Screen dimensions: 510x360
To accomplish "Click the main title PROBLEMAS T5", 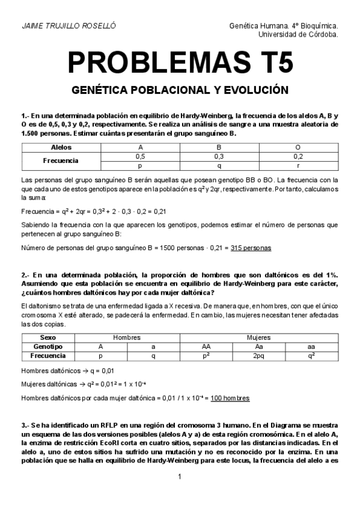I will pyautogui.click(x=180, y=63).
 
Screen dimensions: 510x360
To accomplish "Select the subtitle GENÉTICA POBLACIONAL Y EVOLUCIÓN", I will pyautogui.click(x=180, y=90).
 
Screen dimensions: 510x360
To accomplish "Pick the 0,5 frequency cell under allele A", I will pyautogui.click(x=140, y=156).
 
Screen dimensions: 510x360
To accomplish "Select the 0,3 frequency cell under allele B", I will pyautogui.click(x=219, y=156).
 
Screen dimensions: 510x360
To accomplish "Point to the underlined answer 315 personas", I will pyautogui.click(x=251, y=248).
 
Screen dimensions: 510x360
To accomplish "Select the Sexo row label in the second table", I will pyautogui.click(x=47, y=338).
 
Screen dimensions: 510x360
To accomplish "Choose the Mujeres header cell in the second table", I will pyautogui.click(x=258, y=338).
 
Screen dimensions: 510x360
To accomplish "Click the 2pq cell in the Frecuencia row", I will pyautogui.click(x=258, y=355).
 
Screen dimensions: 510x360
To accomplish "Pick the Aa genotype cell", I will pyautogui.click(x=258, y=346).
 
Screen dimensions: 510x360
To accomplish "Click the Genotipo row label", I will pyautogui.click(x=47, y=346).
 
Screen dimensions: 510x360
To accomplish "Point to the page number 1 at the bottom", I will pyautogui.click(x=180, y=477).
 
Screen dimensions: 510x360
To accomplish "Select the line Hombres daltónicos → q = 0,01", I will pyautogui.click(x=68, y=370).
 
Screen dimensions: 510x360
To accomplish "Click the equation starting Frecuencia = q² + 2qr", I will pyautogui.click(x=93, y=211).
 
